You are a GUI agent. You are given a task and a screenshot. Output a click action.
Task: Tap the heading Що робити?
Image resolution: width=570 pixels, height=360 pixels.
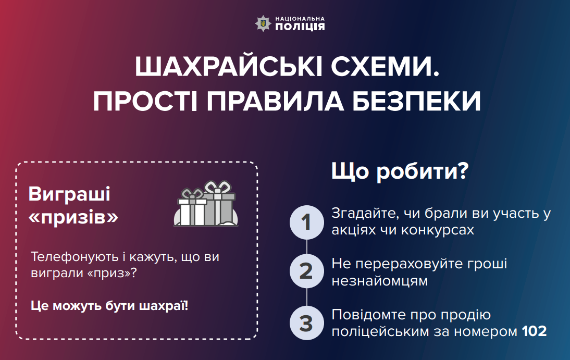pos(400,171)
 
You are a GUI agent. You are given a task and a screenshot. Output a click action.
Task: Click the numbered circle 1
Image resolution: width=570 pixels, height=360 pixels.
pos(306,222)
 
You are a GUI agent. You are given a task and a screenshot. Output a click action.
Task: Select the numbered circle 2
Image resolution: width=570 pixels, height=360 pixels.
pos(306,271)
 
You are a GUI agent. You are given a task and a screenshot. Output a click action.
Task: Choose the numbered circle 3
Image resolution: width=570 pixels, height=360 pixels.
pos(306,323)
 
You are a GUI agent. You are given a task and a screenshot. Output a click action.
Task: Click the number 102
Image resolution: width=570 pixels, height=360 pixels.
pos(534,331)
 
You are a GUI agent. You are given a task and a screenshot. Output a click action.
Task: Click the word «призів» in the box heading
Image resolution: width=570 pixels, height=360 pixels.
pos(73,217)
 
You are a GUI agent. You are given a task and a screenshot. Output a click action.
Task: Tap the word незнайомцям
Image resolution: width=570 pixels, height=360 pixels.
pos(379,281)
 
